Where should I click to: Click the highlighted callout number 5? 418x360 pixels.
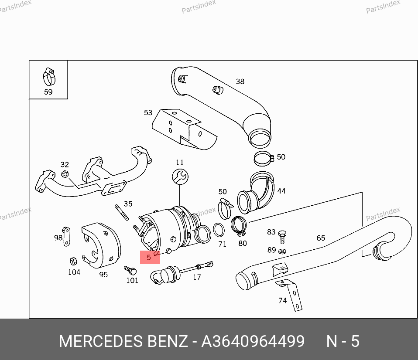pos(149,258)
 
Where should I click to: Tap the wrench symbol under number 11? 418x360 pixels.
pos(180,177)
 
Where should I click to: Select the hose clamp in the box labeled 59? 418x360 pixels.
pos(49,77)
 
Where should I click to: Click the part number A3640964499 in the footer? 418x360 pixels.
pos(253,341)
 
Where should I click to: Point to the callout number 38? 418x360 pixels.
pos(240,82)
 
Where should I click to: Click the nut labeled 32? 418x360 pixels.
pos(65,174)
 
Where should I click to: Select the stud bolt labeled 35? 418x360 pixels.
pos(122,212)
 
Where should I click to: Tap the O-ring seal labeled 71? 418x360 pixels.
pos(219,230)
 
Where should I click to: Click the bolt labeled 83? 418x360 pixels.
pos(282,237)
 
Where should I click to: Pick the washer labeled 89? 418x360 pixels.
pos(282,251)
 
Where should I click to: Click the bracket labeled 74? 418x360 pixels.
pos(291,294)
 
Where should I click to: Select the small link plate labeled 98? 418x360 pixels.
pos(66,237)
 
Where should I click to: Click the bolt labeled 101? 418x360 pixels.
pos(130,270)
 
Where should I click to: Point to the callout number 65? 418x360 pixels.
pos(321,238)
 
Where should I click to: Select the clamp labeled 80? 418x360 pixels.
pos(239,225)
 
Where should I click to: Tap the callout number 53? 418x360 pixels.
pos(148,112)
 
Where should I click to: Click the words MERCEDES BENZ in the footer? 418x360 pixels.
pos(123,341)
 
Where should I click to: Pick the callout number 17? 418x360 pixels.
pos(197,278)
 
